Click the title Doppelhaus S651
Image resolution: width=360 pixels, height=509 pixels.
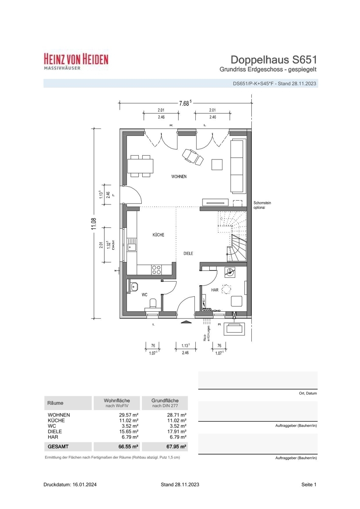(x=274, y=60)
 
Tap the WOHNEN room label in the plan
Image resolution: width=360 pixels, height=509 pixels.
(x=179, y=176)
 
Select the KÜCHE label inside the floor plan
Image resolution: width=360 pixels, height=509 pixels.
(x=158, y=235)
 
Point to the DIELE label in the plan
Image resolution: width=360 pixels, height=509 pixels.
(x=188, y=253)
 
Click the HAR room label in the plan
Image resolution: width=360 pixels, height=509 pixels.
(x=215, y=290)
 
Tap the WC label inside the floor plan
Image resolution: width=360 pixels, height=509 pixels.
(x=144, y=295)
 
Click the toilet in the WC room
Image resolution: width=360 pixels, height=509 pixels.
(x=153, y=305)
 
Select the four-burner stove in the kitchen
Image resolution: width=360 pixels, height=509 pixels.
(x=157, y=270)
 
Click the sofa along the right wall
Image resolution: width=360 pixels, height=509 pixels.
(x=238, y=167)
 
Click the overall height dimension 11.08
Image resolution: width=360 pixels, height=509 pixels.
(x=94, y=224)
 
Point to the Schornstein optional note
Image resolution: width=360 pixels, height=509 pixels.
(x=262, y=205)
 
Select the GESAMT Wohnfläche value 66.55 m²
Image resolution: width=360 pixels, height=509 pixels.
(x=128, y=447)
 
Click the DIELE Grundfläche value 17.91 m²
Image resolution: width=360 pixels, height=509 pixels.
(x=177, y=431)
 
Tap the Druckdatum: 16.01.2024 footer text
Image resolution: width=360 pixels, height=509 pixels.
(x=70, y=484)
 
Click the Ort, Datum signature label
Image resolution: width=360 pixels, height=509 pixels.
(x=308, y=393)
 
